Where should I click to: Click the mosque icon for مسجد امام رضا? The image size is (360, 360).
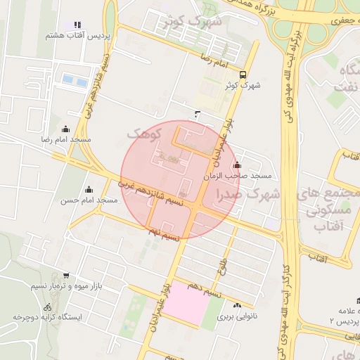(66, 129)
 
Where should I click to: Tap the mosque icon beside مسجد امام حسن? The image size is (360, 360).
(89, 189)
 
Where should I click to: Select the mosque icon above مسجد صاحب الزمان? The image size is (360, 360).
(236, 165)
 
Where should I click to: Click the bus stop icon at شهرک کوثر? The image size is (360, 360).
(243, 75)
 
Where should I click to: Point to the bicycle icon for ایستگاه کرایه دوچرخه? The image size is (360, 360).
(47, 307)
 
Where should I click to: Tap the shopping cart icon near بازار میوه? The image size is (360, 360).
(65, 276)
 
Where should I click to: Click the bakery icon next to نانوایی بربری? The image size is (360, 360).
(237, 305)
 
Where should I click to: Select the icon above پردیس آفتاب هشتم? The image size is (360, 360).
(77, 25)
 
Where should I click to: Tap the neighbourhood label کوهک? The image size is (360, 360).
(144, 132)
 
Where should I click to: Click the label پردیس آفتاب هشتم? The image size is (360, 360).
(67, 35)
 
